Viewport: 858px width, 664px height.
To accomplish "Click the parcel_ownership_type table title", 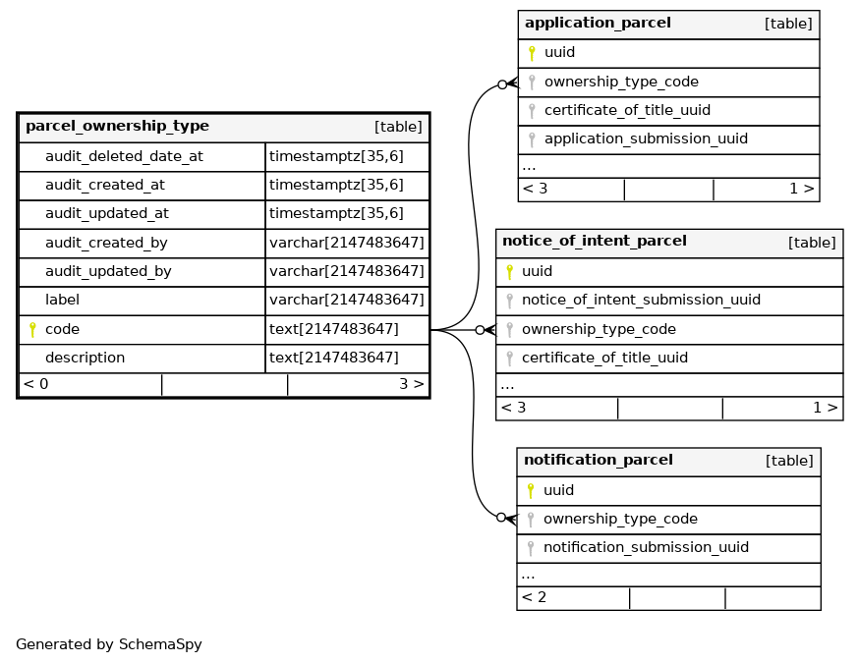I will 117,127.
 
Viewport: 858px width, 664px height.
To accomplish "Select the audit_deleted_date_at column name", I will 124,156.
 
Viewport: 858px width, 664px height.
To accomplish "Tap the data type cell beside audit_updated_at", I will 336,213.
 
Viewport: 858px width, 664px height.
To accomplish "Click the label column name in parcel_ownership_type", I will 62,301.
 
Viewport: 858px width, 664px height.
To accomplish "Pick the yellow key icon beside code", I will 32,330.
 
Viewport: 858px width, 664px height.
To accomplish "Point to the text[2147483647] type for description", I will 334,358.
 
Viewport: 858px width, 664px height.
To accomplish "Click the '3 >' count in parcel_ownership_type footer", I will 411,384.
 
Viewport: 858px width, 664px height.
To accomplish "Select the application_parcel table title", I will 598,24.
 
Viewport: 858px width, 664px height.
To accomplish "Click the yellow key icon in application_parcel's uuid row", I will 532,53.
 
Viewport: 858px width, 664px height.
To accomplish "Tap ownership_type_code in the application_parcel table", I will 621,83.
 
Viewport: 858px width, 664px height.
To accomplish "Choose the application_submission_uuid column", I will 646,139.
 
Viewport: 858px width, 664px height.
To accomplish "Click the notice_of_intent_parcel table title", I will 594,242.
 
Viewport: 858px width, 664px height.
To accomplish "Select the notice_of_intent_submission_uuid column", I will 641,301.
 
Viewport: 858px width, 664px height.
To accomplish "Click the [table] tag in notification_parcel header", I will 789,461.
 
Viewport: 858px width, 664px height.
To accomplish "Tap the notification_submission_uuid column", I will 646,548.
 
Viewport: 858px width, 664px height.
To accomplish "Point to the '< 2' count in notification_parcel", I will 535,597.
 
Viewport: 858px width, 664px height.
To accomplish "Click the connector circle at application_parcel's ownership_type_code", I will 502,84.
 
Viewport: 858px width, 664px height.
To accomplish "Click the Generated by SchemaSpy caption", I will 109,645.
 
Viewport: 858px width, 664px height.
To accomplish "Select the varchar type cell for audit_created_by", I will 346,243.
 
